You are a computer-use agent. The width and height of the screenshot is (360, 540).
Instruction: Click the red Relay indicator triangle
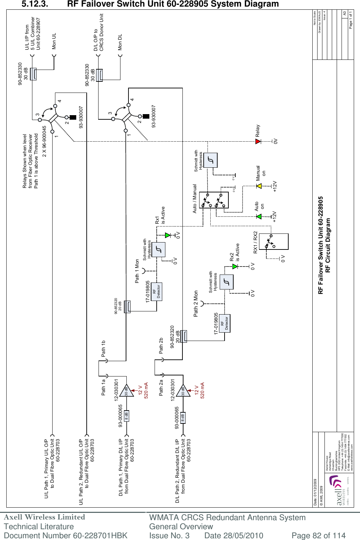click(258, 141)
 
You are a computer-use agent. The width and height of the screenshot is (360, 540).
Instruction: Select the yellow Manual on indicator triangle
click(259, 186)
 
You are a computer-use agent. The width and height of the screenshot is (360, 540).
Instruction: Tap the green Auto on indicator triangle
click(259, 216)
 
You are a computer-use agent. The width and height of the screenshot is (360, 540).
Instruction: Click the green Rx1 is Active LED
click(167, 235)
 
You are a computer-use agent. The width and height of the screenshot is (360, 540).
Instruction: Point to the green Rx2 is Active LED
click(235, 266)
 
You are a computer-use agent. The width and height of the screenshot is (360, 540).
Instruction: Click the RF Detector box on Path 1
click(157, 292)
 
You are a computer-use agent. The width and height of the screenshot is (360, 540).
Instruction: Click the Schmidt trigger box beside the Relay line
click(210, 160)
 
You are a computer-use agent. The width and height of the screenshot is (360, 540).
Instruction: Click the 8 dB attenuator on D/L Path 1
click(126, 415)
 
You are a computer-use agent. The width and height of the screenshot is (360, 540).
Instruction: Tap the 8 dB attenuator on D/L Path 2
click(183, 418)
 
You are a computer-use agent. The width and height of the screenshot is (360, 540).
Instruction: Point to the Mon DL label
click(120, 42)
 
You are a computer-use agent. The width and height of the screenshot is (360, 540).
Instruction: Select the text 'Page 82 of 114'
click(318, 535)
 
